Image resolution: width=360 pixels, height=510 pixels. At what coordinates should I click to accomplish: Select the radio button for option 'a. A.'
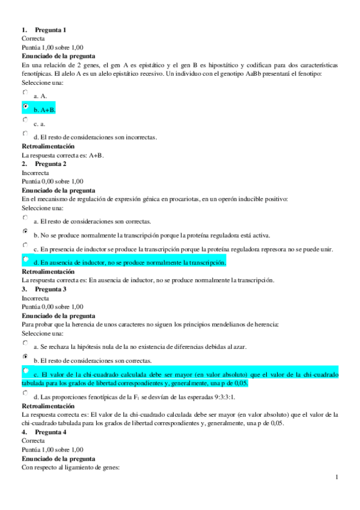click(x=25, y=92)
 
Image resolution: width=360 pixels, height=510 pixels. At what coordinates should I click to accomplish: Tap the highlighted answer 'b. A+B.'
click(x=44, y=110)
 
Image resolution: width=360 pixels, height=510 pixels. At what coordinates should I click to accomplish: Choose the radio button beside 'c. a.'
click(x=25, y=120)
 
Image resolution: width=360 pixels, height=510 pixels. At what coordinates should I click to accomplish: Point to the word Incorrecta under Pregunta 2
click(x=37, y=173)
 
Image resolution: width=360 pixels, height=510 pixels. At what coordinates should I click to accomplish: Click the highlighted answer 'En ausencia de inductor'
click(x=129, y=262)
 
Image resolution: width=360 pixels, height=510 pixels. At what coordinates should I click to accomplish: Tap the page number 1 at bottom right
click(x=338, y=478)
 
